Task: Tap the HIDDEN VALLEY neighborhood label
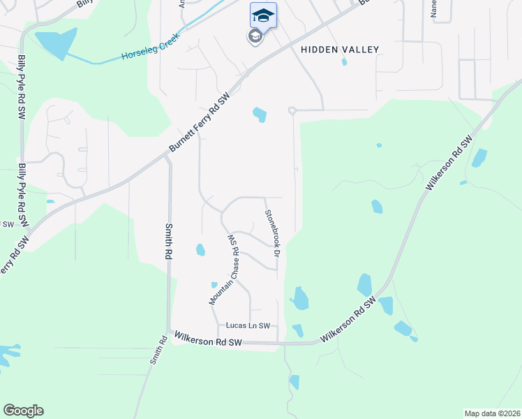(x=340, y=50)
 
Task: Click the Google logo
(x=23, y=411)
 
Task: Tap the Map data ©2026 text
(x=491, y=413)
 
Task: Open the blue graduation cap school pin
(x=263, y=15)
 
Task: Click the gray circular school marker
(x=255, y=36)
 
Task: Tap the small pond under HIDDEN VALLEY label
(x=344, y=61)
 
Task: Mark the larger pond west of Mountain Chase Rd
(x=200, y=249)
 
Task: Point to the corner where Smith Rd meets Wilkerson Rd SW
(x=168, y=331)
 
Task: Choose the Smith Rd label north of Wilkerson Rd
(x=168, y=242)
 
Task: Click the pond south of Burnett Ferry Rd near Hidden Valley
(x=260, y=114)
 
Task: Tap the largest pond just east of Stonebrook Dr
(x=300, y=298)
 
